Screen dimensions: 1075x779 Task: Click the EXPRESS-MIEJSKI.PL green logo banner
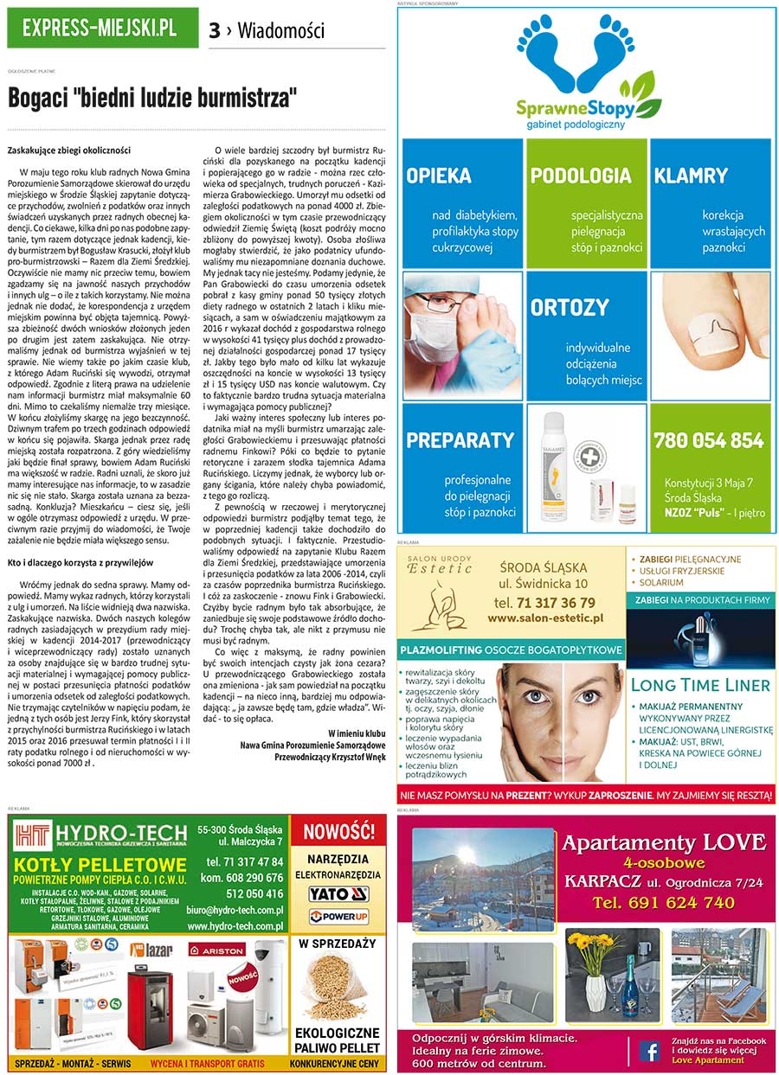pyautogui.click(x=101, y=28)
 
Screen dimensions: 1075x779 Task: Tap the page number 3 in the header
pyautogui.click(x=215, y=31)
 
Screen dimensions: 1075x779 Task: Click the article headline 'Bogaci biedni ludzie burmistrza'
pyautogui.click(x=152, y=97)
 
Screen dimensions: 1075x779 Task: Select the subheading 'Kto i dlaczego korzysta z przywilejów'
pyautogui.click(x=80, y=562)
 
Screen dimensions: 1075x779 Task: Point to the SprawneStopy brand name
pyautogui.click(x=576, y=108)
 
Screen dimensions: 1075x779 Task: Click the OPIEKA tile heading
pyautogui.click(x=439, y=176)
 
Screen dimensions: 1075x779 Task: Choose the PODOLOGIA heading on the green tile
pyautogui.click(x=581, y=176)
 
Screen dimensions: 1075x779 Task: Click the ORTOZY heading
pyautogui.click(x=570, y=308)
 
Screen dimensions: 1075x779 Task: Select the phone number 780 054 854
pyautogui.click(x=709, y=440)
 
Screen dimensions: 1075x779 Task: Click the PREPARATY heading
pyautogui.click(x=460, y=440)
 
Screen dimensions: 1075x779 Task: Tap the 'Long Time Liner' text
pyautogui.click(x=700, y=685)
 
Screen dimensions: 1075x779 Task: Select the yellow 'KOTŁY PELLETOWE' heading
pyautogui.click(x=100, y=865)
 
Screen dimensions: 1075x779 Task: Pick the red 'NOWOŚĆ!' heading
pyautogui.click(x=338, y=832)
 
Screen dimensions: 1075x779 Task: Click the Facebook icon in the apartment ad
pyautogui.click(x=648, y=1050)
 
